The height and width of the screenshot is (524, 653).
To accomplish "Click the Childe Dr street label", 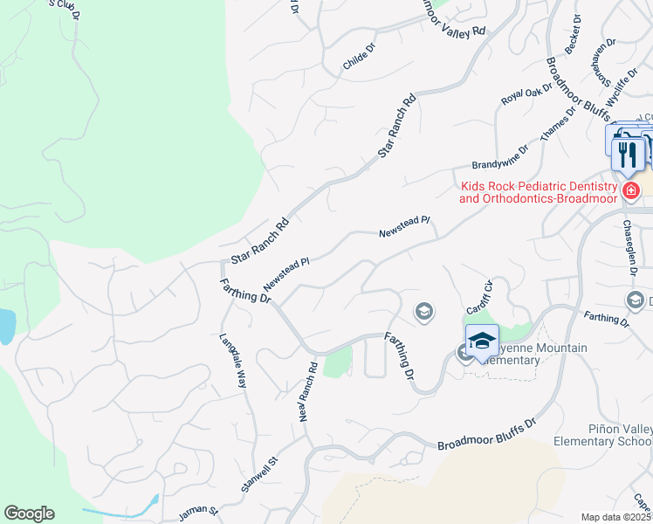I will coord(359,58).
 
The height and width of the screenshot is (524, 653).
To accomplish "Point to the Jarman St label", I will coord(196,512).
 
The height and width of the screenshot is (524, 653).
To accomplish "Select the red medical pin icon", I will coord(629,190).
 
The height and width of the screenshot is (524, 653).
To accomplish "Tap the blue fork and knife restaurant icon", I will coord(628,153).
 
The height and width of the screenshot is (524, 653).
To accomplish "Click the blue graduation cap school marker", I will coord(482,341).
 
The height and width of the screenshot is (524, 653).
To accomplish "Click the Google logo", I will coord(29,514).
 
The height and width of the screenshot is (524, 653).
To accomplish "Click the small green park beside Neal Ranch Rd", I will coord(338,362).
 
